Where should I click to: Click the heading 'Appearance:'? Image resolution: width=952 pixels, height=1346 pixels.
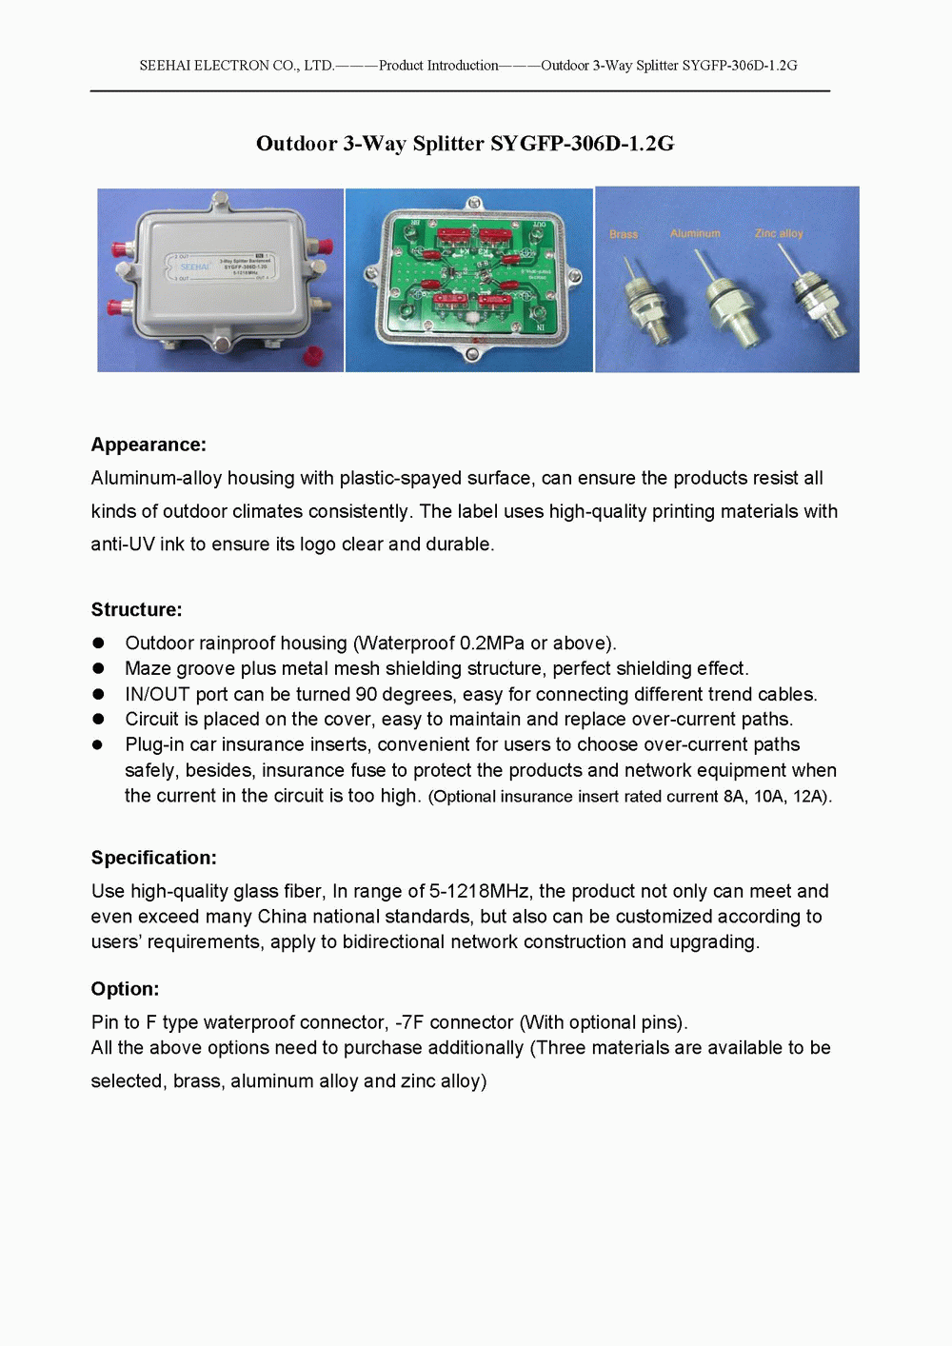(149, 445)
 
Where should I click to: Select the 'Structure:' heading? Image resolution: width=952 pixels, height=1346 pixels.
(136, 609)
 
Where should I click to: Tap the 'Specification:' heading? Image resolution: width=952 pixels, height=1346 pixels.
(153, 858)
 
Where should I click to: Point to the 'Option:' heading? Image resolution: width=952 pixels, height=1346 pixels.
(125, 989)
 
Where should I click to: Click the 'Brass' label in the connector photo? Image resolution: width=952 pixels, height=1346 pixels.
(624, 234)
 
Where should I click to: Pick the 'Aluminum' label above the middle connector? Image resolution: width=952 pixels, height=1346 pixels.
(695, 233)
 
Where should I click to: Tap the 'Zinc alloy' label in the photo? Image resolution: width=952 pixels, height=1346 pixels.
(779, 233)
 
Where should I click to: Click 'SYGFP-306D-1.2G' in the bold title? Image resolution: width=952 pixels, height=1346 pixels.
(582, 144)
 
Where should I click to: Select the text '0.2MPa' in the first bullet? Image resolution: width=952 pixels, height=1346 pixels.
(492, 643)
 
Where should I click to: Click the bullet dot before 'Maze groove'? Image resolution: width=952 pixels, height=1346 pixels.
(98, 668)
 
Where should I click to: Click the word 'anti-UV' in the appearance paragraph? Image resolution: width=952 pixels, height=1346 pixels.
(122, 544)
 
